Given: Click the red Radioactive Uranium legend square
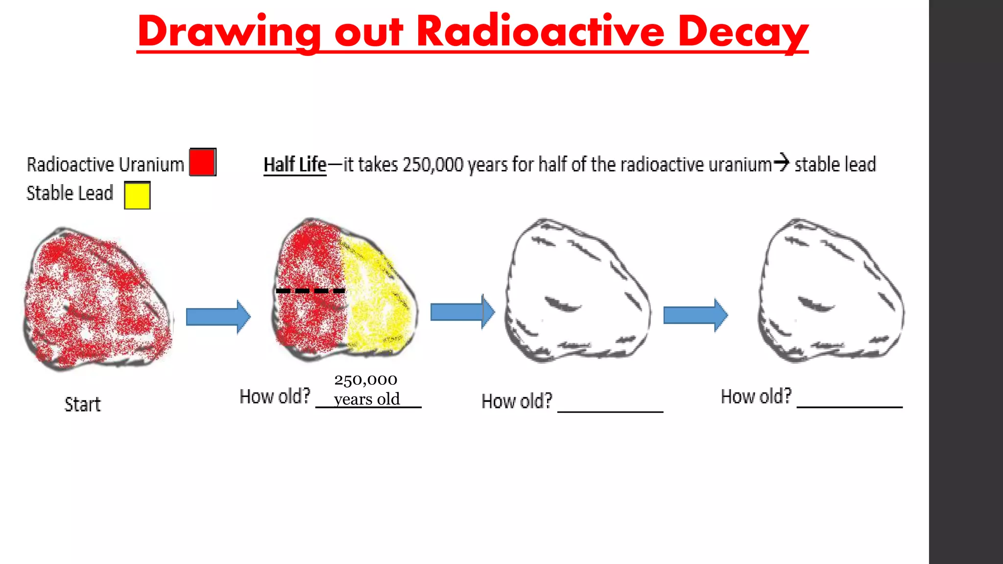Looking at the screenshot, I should tap(203, 162).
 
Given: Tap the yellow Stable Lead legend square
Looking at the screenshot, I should tap(137, 195).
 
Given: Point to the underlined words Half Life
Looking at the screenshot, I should tap(295, 165).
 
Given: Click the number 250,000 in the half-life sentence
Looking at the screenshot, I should tap(432, 165).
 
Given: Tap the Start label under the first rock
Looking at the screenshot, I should tap(82, 405).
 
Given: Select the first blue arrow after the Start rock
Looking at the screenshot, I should tap(218, 317).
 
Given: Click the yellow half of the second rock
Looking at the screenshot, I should tap(380, 299).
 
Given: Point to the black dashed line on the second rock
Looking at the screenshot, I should tap(310, 291).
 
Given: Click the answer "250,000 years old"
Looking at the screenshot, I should tap(366, 390).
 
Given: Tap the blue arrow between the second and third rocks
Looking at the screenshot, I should tap(462, 312).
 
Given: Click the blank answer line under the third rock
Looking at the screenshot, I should tap(610, 410).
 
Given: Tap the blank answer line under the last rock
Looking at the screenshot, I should tap(849, 405).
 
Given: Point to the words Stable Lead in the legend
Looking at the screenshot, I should tap(70, 193).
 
